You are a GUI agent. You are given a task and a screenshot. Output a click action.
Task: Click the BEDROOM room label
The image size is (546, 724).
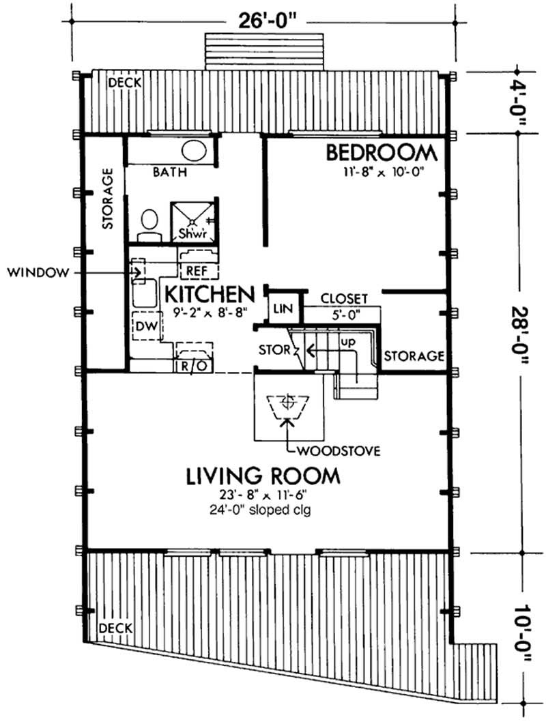coord(380,151)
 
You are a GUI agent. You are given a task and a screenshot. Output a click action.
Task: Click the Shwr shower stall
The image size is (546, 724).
coord(194,220)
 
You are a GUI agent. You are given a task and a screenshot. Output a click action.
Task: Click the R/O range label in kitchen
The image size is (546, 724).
coord(193,365)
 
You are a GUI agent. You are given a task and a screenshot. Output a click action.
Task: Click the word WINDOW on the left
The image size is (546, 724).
coord(38,273)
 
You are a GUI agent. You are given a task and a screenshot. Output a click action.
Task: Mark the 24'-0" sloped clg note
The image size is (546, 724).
coord(263,508)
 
